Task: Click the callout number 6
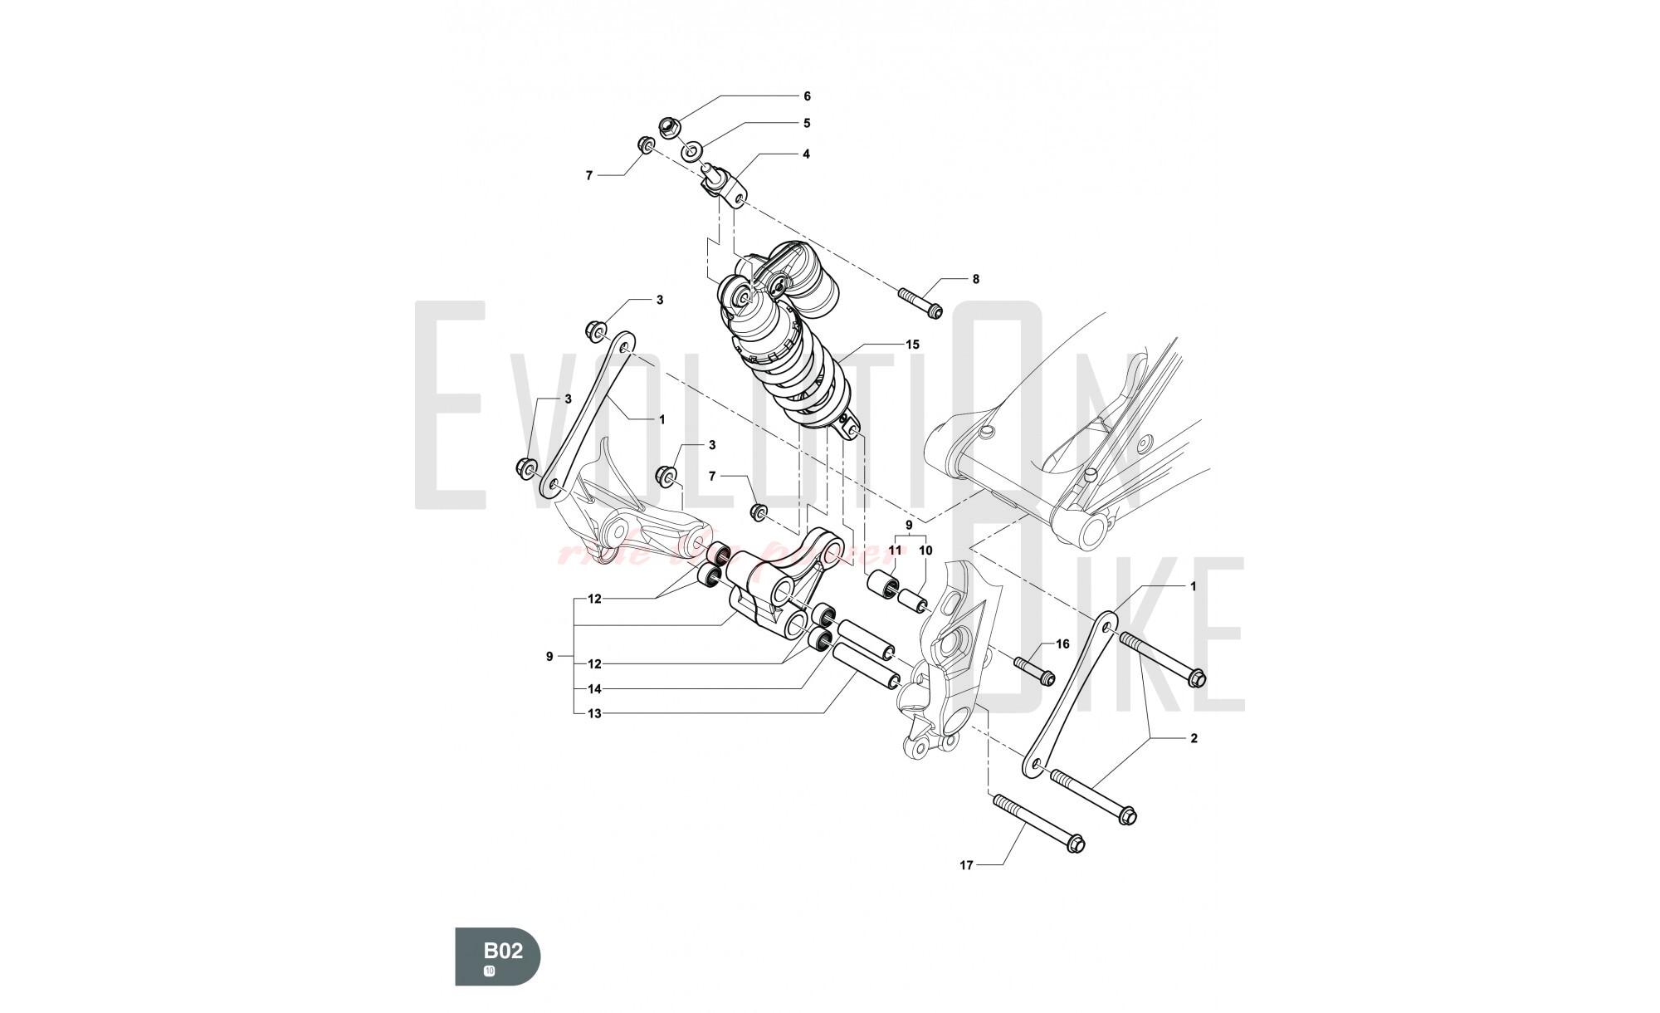(806, 96)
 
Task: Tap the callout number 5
(806, 123)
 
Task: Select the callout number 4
(806, 154)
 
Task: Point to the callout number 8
(975, 279)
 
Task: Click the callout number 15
(912, 344)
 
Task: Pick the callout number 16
(1062, 644)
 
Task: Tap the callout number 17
(966, 865)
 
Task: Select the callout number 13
(594, 713)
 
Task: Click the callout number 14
(594, 688)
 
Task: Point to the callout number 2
(1194, 738)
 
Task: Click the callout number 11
(895, 550)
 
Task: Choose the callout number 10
(925, 550)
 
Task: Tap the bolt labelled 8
(920, 301)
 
